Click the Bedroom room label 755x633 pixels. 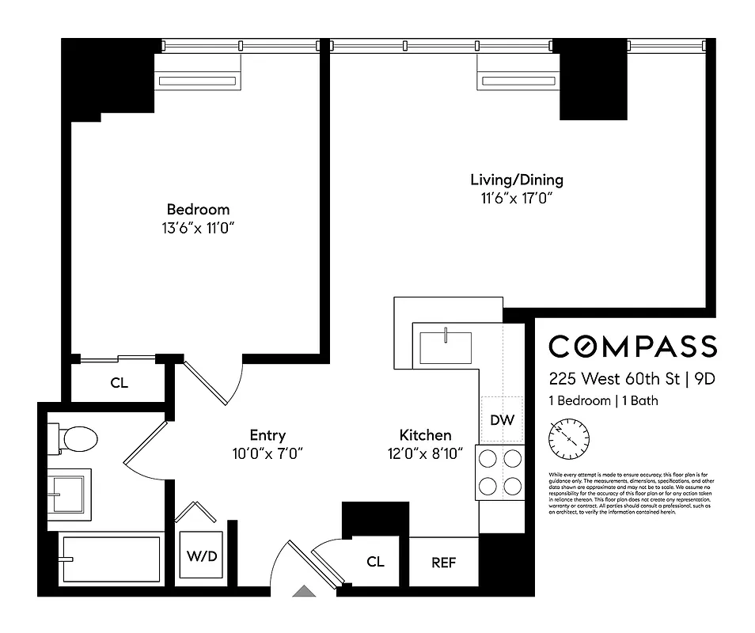198,210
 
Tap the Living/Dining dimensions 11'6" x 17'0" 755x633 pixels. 517,198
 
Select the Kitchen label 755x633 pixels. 425,435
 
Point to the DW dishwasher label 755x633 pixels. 502,420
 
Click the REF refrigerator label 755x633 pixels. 444,563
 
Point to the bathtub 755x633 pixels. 109,559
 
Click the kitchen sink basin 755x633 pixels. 445,346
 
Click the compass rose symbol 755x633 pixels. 569,438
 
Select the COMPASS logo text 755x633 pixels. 633,347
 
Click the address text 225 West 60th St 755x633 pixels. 616,378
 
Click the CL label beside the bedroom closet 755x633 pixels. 119,384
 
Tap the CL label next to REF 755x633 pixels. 375,562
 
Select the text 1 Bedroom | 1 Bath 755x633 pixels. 603,401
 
